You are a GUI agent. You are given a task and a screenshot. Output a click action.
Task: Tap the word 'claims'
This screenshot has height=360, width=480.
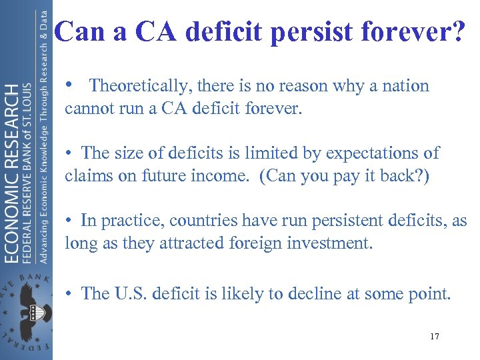(87, 175)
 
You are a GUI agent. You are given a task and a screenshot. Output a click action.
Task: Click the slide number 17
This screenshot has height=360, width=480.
(434, 337)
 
